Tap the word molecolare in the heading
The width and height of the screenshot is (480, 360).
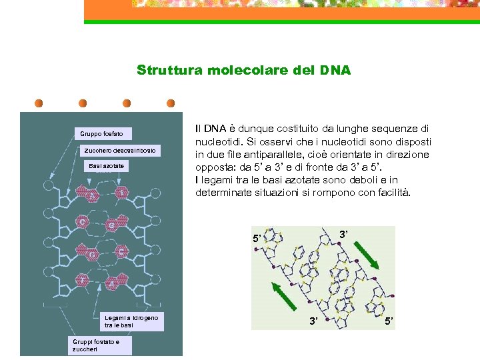click(x=243, y=70)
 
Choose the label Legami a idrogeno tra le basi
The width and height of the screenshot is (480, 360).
click(x=131, y=322)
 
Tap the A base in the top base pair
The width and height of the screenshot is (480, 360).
click(x=92, y=195)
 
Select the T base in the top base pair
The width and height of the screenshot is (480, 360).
click(x=121, y=193)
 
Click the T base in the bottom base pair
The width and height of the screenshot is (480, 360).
click(x=83, y=281)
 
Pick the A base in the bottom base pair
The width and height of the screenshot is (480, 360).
click(x=111, y=283)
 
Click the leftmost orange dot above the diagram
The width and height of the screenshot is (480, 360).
click(x=39, y=103)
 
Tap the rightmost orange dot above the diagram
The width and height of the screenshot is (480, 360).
click(x=171, y=103)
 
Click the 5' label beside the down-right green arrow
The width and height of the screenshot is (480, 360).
click(x=389, y=323)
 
